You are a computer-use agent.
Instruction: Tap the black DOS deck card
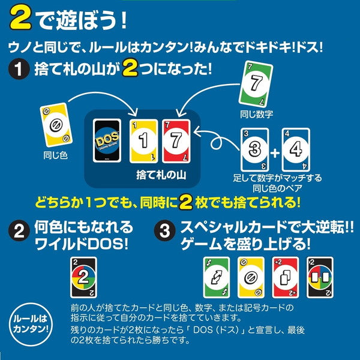(x=109, y=140)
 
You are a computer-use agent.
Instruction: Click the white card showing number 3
(x=254, y=150)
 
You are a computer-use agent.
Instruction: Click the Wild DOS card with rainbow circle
(x=83, y=277)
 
